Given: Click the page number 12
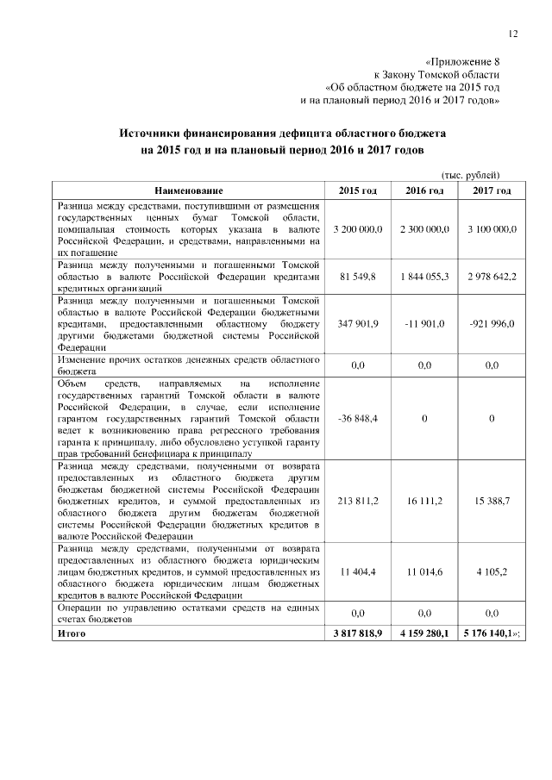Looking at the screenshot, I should [513, 34].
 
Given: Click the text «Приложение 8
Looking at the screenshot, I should [463, 62].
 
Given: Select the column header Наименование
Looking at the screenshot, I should [189, 190].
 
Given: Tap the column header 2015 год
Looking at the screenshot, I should [358, 190].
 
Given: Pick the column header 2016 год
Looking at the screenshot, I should [424, 190].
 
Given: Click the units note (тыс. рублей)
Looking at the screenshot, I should [470, 174].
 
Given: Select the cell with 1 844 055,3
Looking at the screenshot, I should [424, 278].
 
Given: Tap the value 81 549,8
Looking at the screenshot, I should [358, 278].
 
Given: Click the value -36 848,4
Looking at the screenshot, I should [358, 418].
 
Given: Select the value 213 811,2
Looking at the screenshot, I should [358, 500].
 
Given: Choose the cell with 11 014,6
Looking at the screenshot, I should [424, 571].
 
